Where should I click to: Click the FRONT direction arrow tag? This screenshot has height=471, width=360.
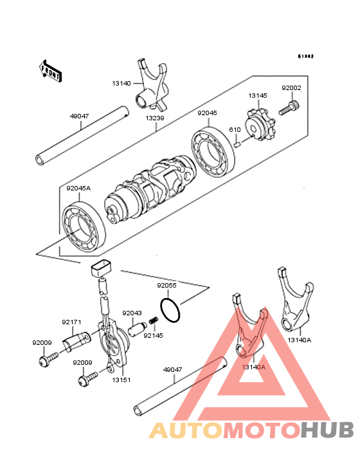tap(51, 71)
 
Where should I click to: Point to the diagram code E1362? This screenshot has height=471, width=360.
tap(305, 57)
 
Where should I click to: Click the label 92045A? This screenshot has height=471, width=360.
tap(78, 189)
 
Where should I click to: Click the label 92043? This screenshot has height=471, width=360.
tap(132, 313)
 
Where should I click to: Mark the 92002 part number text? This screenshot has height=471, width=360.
tap(291, 88)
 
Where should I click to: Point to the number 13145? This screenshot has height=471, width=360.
tap(257, 96)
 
